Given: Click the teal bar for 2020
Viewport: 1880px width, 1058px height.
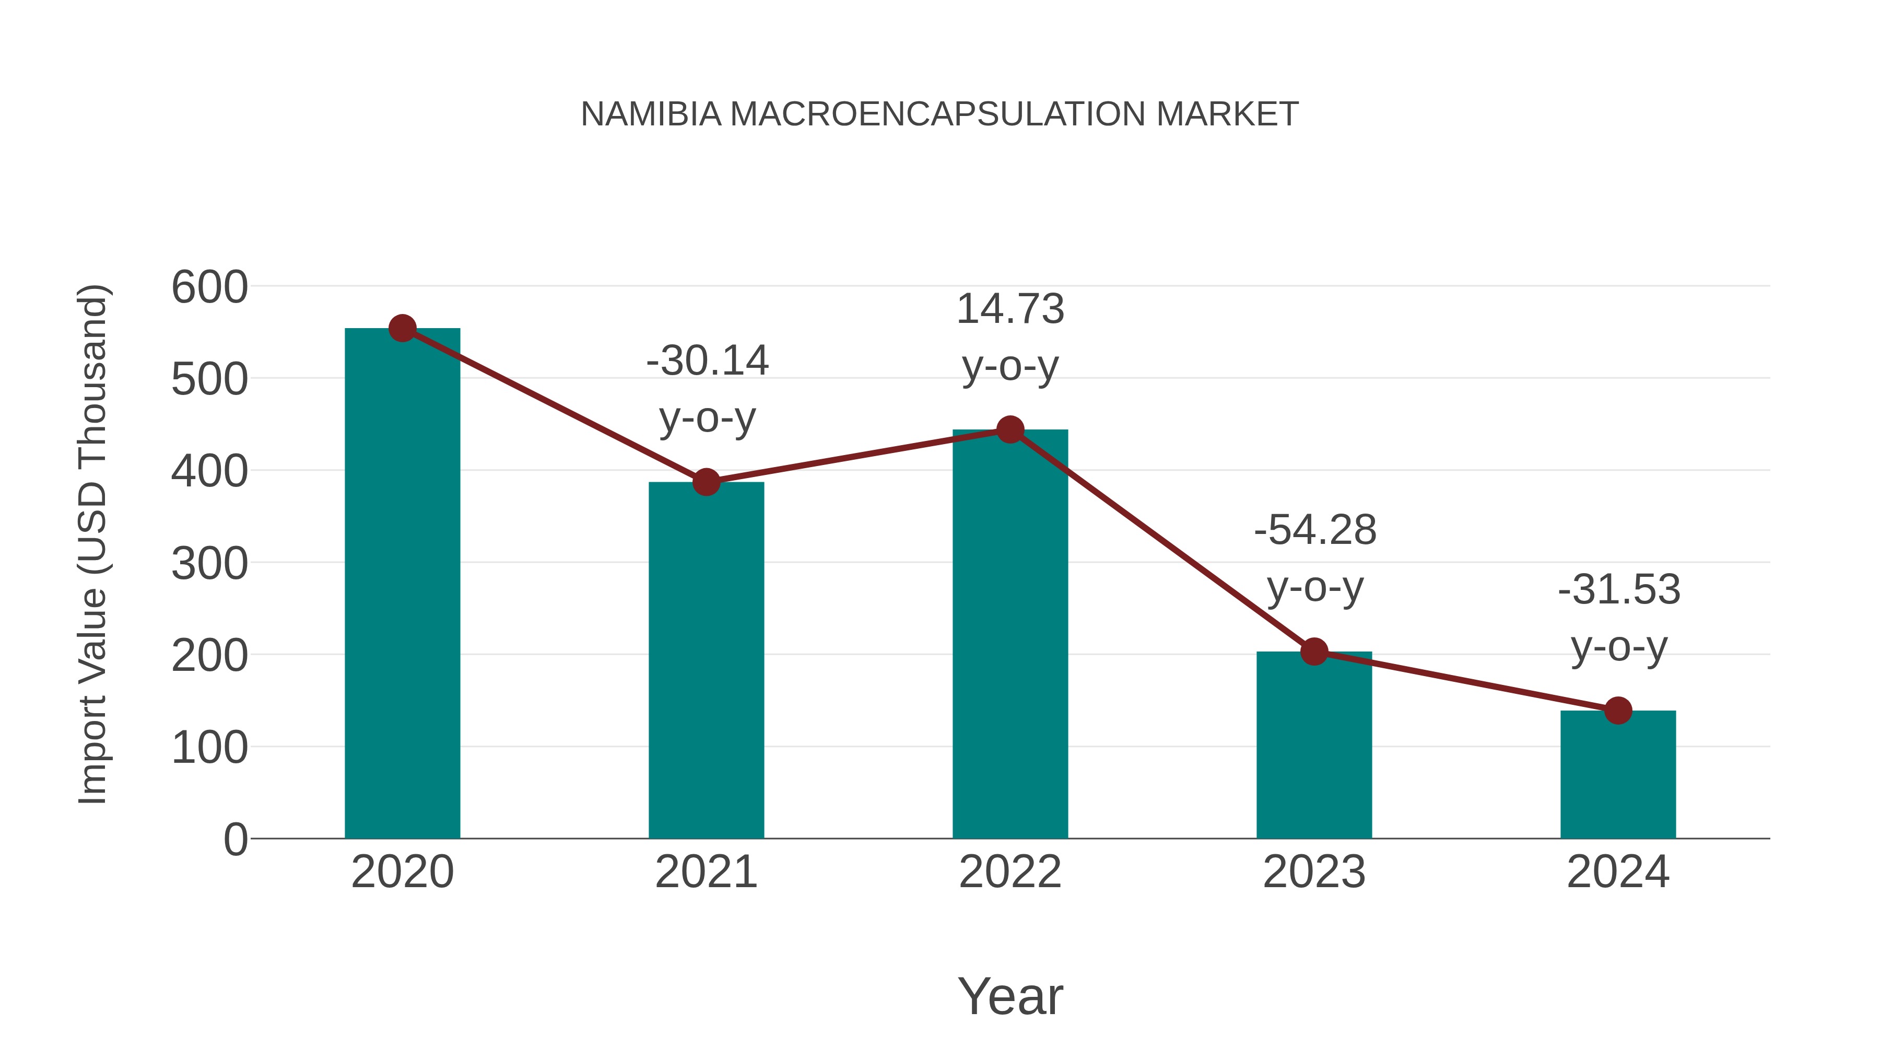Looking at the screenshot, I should point(402,584).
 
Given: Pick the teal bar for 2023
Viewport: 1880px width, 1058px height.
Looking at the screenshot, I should point(1314,745).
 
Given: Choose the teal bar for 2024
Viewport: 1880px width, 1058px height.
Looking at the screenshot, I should point(1618,774).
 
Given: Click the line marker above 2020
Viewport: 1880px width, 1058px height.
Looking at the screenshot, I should point(402,329).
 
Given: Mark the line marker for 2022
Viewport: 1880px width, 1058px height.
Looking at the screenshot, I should point(1010,429).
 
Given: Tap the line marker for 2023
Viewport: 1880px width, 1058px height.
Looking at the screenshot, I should point(1314,652).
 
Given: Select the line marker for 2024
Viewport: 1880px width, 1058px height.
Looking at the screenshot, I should point(1618,711).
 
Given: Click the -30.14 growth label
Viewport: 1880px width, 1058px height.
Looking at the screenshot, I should point(707,361).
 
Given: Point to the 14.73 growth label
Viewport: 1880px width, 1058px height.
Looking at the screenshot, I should point(1010,309).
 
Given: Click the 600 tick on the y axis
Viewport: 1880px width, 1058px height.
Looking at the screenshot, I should point(209,287).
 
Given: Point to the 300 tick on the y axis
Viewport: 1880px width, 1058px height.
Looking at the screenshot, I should point(209,564).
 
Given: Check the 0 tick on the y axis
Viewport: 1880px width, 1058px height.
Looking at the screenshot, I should point(235,840).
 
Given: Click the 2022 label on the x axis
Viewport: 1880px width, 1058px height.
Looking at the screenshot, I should point(1010,872).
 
